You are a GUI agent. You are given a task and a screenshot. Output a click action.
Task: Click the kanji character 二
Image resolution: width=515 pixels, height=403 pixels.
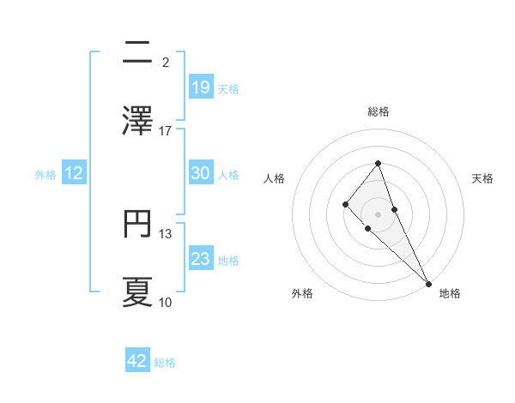click(137, 53)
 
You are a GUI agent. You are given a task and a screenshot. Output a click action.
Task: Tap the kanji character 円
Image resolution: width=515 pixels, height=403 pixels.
click(137, 225)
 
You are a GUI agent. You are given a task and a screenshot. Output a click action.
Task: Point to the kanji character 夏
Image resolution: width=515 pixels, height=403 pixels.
click(137, 292)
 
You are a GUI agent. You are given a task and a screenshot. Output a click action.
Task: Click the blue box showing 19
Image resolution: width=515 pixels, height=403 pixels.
click(201, 87)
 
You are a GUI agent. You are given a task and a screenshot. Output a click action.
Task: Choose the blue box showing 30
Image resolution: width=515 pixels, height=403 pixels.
click(201, 173)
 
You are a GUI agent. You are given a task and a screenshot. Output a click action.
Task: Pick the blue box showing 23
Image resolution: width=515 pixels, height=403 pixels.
click(201, 259)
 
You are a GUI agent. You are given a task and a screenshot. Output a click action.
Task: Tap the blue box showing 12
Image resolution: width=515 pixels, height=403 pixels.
click(74, 173)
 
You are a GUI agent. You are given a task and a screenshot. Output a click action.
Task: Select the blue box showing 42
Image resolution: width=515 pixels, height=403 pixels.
click(137, 361)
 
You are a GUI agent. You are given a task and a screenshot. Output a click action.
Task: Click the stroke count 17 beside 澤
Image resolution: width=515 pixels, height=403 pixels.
click(166, 131)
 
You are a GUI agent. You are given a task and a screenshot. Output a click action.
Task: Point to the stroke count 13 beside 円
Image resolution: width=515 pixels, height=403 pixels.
click(166, 234)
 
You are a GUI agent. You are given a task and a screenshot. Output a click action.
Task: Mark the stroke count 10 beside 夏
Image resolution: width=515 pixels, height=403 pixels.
click(166, 302)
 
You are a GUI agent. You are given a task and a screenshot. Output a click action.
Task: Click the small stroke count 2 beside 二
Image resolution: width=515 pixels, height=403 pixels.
click(166, 63)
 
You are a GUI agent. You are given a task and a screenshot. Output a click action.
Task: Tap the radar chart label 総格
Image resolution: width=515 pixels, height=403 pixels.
click(379, 111)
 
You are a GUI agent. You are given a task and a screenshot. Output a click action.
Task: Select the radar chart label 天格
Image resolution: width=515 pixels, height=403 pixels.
click(482, 178)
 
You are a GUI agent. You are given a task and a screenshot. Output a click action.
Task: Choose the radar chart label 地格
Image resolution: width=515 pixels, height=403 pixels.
click(450, 293)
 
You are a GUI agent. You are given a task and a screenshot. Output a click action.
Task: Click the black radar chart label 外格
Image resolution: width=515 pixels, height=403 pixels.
click(302, 293)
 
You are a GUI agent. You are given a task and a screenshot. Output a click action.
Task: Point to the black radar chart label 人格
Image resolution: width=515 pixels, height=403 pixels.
click(274, 178)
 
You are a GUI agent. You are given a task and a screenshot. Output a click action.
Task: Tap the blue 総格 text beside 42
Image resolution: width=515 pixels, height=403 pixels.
click(165, 363)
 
